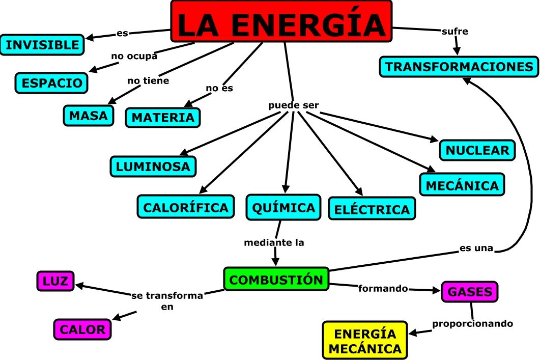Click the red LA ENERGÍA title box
click(281, 21)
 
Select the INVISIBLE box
click(42, 45)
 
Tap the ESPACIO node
click(51, 83)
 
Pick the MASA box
click(89, 116)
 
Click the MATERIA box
click(163, 118)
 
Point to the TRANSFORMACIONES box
click(459, 67)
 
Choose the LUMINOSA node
click(153, 166)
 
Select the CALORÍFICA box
click(185, 207)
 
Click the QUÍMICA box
click(283, 207)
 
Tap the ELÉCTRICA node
click(372, 209)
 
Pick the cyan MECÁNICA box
click(462, 184)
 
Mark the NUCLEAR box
click(477, 150)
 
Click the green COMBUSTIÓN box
click(276, 280)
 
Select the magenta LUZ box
click(55, 281)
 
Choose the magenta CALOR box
click(82, 329)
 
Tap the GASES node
click(470, 292)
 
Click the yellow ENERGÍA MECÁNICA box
click(365, 341)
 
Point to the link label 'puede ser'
click(294, 105)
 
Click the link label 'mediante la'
click(274, 242)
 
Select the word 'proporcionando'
click(473, 323)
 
